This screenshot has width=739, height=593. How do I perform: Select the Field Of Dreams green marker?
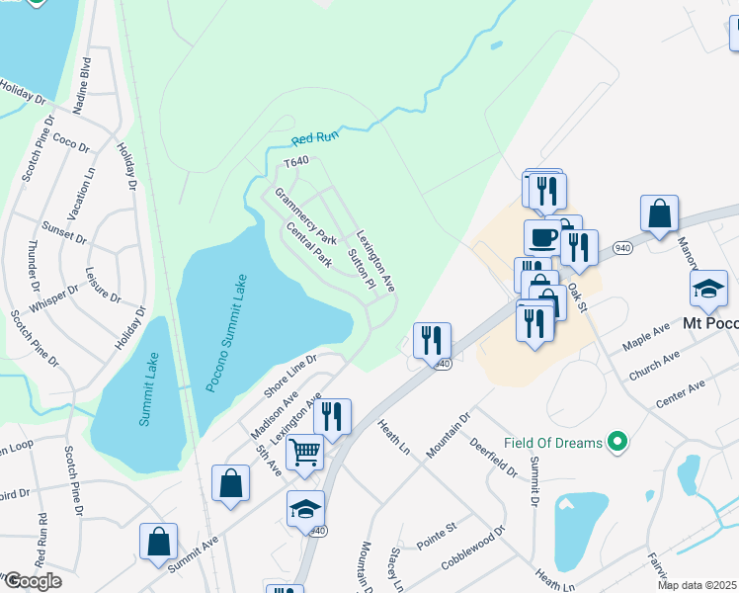[618, 442]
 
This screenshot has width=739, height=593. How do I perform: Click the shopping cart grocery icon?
[305, 453]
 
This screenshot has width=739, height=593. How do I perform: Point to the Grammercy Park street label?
[306, 217]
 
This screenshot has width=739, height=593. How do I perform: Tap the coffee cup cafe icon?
[541, 237]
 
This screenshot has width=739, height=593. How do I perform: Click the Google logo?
[32, 580]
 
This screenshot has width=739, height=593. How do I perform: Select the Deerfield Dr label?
[494, 457]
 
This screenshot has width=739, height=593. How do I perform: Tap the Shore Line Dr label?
[289, 376]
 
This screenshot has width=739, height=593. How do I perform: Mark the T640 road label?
[296, 161]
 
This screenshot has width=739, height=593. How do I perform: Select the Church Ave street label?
[654, 367]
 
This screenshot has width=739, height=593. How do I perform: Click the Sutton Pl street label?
[362, 269]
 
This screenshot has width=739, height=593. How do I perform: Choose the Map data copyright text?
[698, 585]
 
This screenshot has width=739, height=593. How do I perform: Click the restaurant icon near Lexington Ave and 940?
[332, 416]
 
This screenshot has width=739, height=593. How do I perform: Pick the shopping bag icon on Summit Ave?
[158, 541]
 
